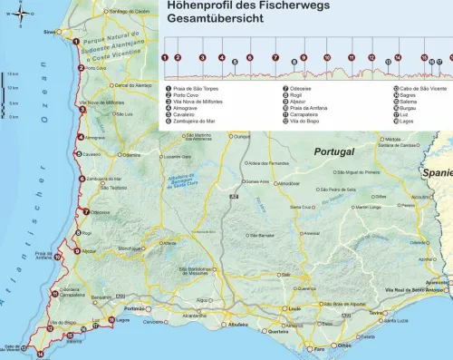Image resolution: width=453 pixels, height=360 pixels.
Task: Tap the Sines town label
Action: (49, 31)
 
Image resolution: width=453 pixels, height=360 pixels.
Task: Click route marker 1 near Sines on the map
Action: (73, 41)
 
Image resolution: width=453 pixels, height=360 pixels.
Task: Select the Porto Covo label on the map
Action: (96, 68)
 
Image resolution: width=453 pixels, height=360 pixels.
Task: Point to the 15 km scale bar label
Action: (13, 73)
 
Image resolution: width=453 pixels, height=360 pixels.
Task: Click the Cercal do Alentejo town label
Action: (132, 85)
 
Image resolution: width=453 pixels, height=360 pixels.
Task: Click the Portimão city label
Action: (135, 308)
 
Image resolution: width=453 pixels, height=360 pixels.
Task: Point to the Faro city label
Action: (318, 349)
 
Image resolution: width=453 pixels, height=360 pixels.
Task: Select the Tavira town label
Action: (375, 312)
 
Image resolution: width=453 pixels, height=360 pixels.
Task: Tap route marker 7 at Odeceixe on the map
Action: (85, 212)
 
